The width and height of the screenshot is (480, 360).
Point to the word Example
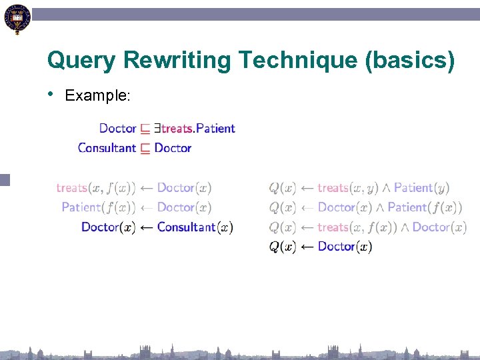[x=97, y=95]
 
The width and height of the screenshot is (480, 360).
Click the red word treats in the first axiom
[x=177, y=128]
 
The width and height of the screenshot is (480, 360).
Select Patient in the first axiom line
[x=216, y=128]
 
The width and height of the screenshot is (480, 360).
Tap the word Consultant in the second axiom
[x=107, y=148]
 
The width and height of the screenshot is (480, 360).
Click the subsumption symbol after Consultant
[x=145, y=149]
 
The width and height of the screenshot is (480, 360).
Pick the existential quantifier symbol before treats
[x=157, y=128]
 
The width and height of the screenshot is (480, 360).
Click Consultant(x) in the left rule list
[x=195, y=227]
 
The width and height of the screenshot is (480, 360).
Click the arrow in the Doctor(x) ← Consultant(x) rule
[x=146, y=227]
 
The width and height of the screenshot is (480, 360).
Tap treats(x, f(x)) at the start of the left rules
[x=96, y=189]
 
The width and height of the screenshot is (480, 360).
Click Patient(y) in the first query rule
[x=422, y=189]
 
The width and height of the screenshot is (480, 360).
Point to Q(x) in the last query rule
[x=283, y=247]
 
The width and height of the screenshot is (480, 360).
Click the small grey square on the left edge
[x=5, y=179]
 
